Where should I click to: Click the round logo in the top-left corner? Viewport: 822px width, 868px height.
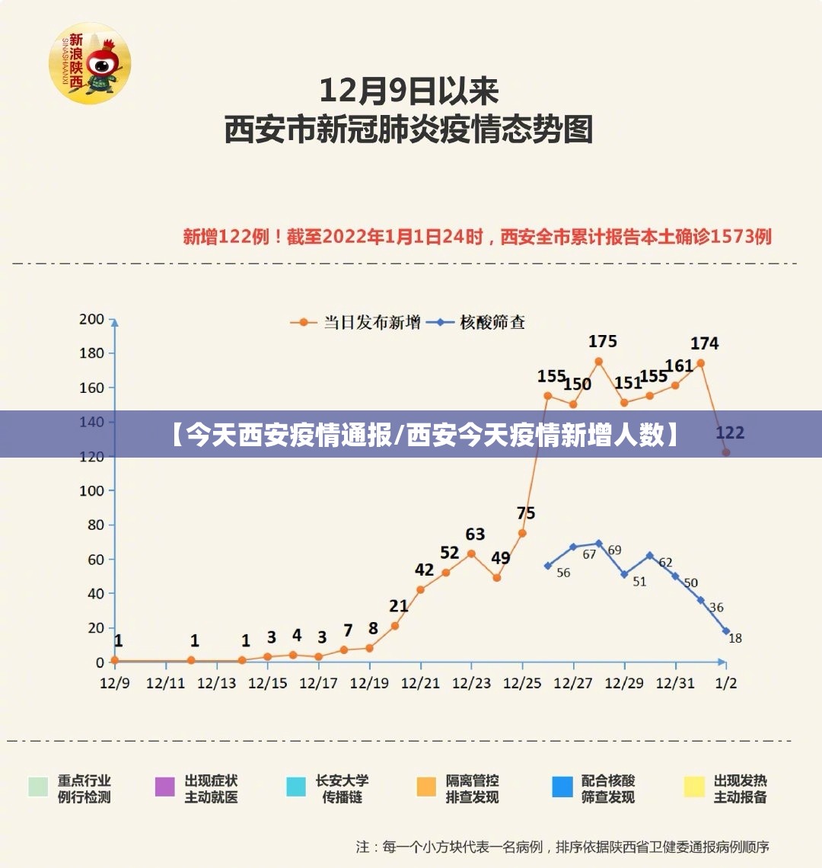90,63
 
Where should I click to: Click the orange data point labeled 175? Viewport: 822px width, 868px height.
598,362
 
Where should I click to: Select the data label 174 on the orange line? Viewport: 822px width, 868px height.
704,343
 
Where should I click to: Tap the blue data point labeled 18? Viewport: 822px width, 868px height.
726,631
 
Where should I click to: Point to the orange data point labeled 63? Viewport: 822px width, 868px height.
471,554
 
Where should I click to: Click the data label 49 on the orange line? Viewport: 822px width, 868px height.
500,558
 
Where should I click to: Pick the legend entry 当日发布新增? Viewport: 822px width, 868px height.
371,322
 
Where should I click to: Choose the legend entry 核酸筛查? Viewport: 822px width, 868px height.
492,322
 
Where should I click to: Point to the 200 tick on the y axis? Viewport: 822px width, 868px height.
91,319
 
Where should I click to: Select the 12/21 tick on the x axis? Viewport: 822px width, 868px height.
420,683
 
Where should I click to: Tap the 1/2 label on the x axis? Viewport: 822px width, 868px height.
726,683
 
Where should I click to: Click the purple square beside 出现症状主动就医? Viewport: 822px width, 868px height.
165,787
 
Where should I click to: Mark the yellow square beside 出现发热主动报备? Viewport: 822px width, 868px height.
694,787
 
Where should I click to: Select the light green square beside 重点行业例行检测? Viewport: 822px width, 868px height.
38,787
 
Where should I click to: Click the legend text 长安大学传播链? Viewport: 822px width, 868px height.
342,789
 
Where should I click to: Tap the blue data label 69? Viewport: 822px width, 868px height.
614,550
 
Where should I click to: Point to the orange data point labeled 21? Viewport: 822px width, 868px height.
395,626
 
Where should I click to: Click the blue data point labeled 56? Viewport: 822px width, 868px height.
547,566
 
